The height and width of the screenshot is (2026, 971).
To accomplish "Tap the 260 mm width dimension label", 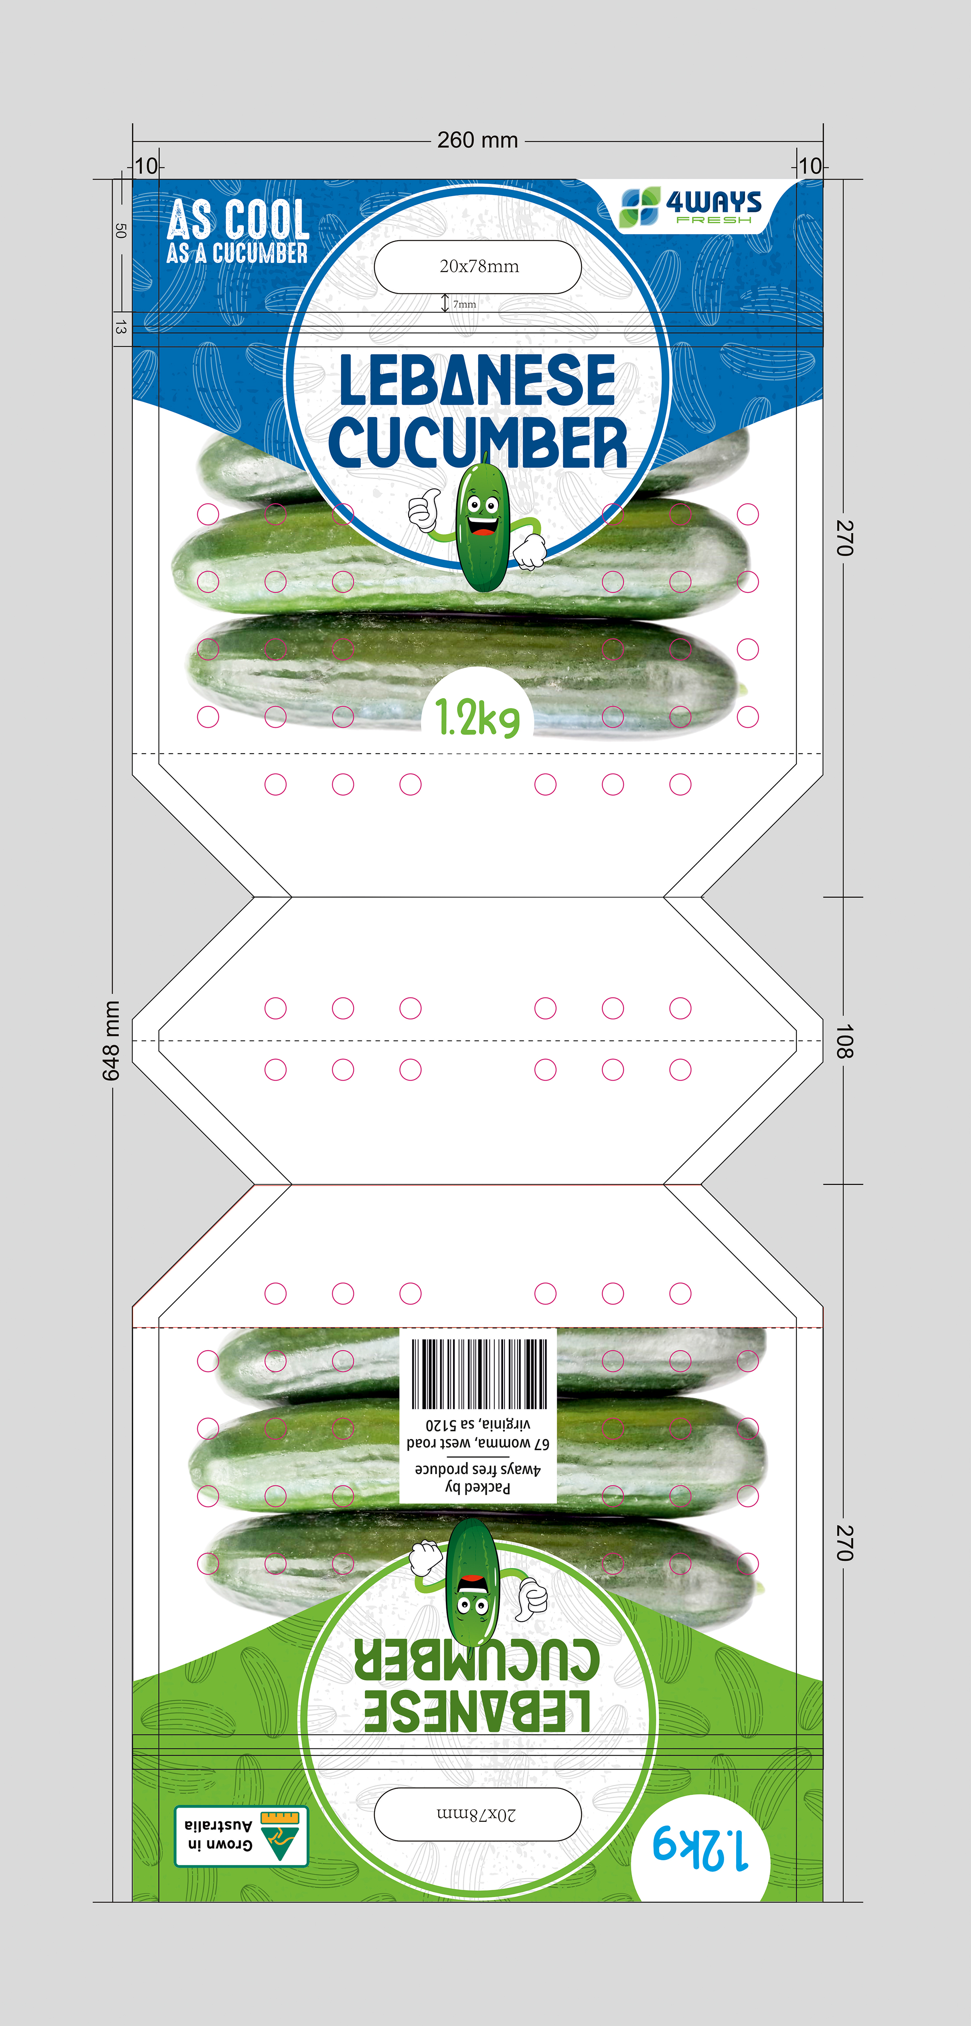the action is pos(477,140).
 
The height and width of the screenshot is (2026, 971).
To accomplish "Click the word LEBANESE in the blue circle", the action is pos(477,380).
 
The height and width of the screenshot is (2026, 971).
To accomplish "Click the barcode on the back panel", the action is pos(478,1373).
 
